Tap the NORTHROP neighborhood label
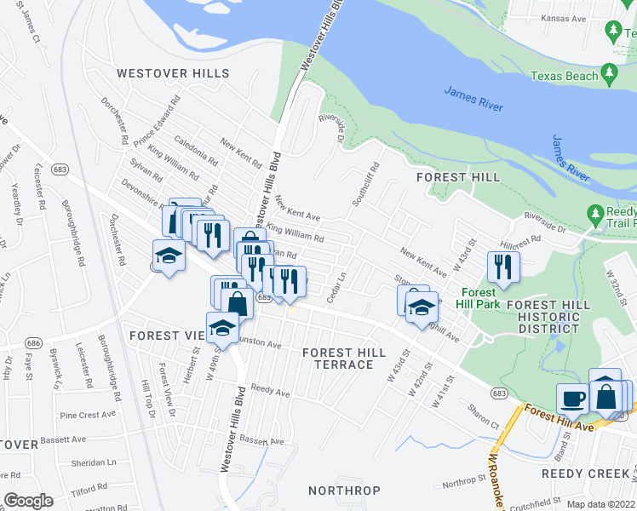(344, 491)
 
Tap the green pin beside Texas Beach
(608, 73)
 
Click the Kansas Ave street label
(555, 18)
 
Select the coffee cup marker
(572, 397)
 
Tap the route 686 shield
(33, 342)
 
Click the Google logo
(28, 501)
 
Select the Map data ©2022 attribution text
(600, 504)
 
